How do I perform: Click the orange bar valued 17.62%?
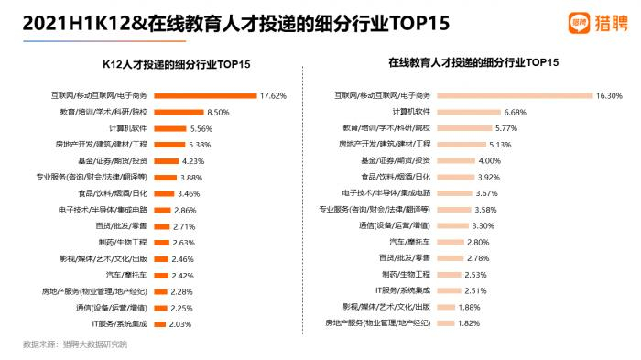click(x=204, y=95)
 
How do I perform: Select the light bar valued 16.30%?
click(x=514, y=94)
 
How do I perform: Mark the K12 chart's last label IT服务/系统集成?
click(x=119, y=323)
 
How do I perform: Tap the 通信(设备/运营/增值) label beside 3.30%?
click(x=395, y=224)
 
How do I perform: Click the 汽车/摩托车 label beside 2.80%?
click(x=406, y=241)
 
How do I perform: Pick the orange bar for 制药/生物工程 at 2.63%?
click(x=159, y=242)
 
